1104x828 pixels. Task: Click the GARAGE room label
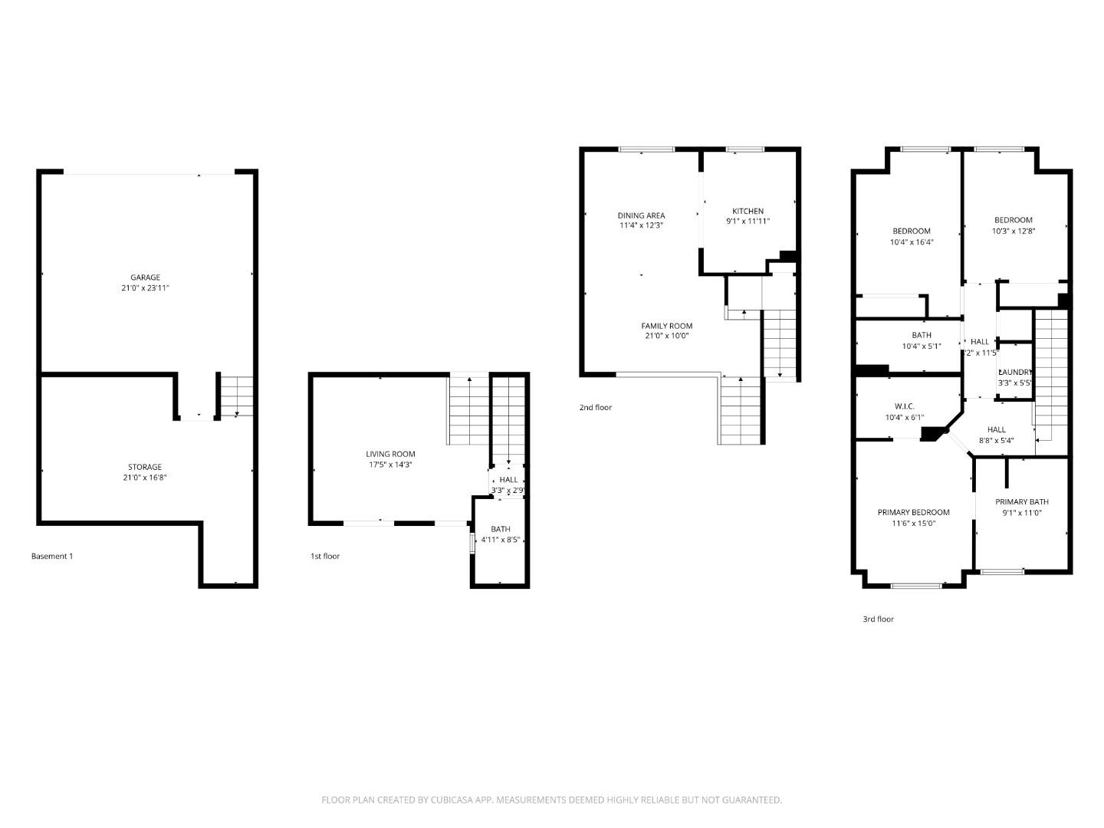[x=145, y=278]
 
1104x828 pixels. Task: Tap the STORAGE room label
[x=145, y=467]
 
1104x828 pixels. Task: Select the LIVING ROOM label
[x=390, y=454]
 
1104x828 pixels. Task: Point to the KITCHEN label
[x=747, y=211]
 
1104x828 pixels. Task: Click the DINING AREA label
[x=641, y=215]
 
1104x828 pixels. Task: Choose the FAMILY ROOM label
[x=666, y=326]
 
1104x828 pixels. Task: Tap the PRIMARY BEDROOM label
[x=913, y=512]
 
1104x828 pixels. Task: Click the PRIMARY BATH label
[x=1022, y=502]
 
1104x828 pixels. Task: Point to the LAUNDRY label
[x=1015, y=372]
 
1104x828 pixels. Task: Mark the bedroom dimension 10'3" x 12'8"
[x=1014, y=231]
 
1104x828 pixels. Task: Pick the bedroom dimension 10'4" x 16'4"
[x=911, y=242]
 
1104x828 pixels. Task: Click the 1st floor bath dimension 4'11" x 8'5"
[x=500, y=540]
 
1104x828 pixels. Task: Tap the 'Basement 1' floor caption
[x=51, y=556]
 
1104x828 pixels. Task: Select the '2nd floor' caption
[x=595, y=407]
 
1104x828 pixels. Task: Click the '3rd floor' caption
[x=878, y=619]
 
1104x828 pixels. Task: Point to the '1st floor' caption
[x=324, y=556]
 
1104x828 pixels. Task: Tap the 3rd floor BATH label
[x=922, y=335]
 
